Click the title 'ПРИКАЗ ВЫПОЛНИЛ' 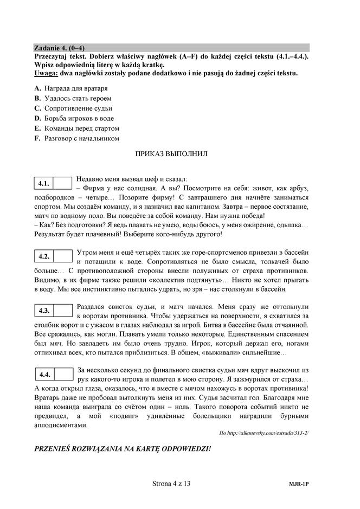point(171,153)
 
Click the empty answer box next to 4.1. point(63,183)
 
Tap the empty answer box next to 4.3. point(63,311)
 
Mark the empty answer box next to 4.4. point(63,374)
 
